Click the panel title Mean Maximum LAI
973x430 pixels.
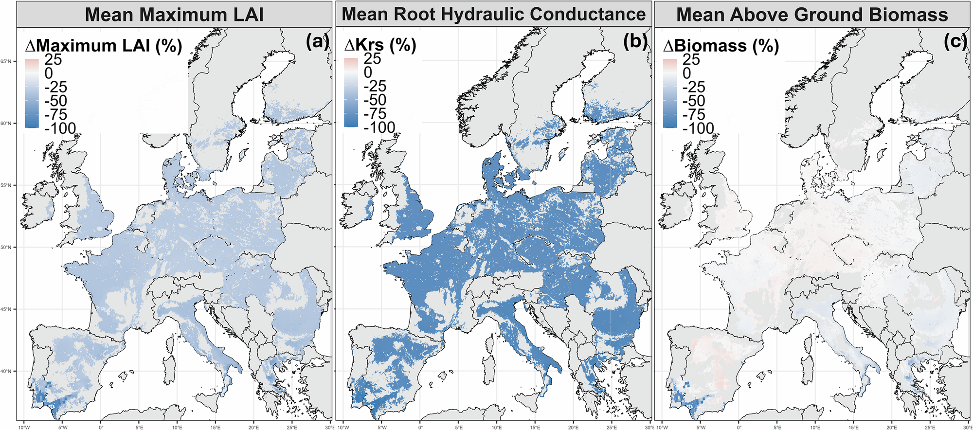pyautogui.click(x=174, y=14)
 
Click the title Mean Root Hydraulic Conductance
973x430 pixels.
pyautogui.click(x=493, y=14)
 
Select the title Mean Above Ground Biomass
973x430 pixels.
pyautogui.click(x=812, y=15)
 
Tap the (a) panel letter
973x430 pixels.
pyautogui.click(x=317, y=42)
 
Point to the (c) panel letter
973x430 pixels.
pyautogui.click(x=955, y=42)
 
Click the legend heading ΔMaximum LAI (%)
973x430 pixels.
pyautogui.click(x=103, y=46)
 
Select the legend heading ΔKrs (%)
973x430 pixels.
pyautogui.click(x=380, y=45)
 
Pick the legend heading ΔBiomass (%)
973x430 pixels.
pyautogui.click(x=721, y=46)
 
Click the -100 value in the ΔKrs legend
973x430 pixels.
pyautogui.click(x=379, y=127)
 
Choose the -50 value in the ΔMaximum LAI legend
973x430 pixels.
pyautogui.click(x=55, y=101)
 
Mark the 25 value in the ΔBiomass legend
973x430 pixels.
pyautogui.click(x=691, y=59)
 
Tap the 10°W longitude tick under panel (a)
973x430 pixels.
pyautogui.click(x=23, y=428)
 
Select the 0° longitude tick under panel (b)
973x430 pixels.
pyautogui.click(x=420, y=428)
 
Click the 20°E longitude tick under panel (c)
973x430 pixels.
pyautogui.click(x=892, y=428)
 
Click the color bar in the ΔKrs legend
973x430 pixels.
pyautogui.click(x=351, y=92)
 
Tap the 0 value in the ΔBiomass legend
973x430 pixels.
pyautogui.click(x=686, y=73)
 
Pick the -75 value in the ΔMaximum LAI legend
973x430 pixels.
pyautogui.click(x=55, y=114)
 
